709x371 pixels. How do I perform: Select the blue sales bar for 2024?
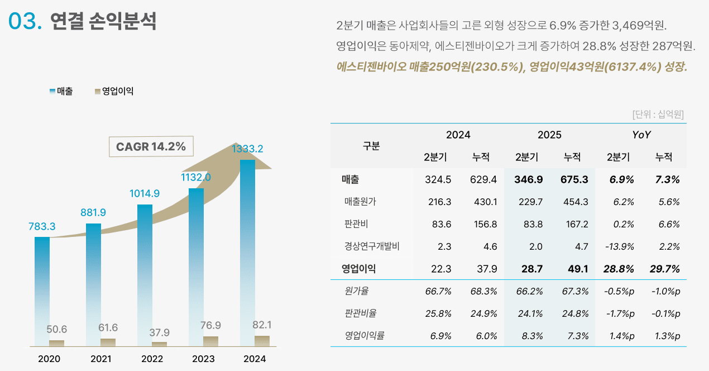pos(247,251)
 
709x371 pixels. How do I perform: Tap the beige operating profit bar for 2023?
pos(210,341)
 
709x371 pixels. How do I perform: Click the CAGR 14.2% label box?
pos(151,146)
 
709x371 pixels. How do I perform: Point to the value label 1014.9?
pos(145,194)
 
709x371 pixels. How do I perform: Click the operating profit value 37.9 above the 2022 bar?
pos(159,332)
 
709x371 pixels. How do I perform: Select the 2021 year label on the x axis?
pos(101,359)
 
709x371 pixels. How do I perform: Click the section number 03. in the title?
pos(25,21)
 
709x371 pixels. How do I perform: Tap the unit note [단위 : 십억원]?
pos(658,115)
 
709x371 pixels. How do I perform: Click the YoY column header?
pos(641,135)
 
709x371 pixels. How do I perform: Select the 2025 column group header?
pos(549,135)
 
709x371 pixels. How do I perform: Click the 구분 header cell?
pos(371,146)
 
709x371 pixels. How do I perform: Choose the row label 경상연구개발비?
pos(372,246)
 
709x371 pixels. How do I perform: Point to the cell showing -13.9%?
pos(619,246)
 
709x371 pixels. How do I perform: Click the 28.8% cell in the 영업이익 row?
pos(619,269)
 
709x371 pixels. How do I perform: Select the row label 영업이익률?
pos(365,336)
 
